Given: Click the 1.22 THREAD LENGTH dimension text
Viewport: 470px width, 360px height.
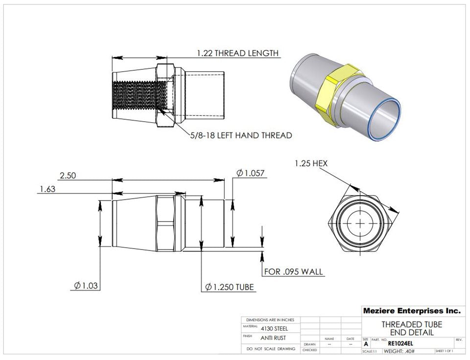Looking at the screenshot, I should [237, 53].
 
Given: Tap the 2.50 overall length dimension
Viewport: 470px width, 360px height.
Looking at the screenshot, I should [68, 175].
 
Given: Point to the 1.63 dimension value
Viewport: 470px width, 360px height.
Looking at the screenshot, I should [47, 189].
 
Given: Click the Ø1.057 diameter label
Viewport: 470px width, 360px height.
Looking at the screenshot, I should [250, 173].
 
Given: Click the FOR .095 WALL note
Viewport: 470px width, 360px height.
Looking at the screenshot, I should [294, 271].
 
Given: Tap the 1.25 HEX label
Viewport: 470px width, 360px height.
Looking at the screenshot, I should [311, 163].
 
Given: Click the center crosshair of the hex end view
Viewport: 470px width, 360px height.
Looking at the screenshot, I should [360, 223].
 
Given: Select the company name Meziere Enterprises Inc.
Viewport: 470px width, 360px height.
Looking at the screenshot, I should [411, 311].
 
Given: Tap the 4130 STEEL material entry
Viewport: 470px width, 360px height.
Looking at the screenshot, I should [274, 329].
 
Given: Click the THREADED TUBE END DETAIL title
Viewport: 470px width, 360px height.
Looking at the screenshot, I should [411, 328].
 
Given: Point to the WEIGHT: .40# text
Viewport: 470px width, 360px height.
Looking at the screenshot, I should [399, 351].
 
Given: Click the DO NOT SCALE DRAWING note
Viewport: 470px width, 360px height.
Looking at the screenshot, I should [271, 349].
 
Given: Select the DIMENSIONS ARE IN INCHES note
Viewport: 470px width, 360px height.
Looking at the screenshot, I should [271, 319].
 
